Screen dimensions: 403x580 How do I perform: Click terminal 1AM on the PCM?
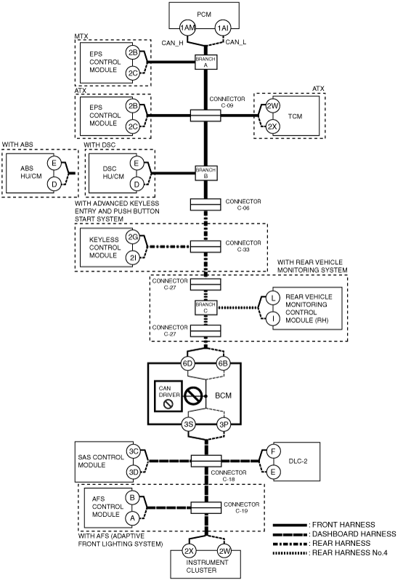tap(187, 28)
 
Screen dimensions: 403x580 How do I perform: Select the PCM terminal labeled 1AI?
tap(223, 28)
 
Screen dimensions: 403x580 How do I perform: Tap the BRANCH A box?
tap(205, 62)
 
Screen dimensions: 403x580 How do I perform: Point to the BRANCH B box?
tap(205, 173)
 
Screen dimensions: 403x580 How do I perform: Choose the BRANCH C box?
tap(205, 308)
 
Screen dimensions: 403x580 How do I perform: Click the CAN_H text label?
tap(172, 43)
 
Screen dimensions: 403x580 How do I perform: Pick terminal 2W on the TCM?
tap(272, 106)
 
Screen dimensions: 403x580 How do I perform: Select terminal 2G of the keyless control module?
tap(132, 237)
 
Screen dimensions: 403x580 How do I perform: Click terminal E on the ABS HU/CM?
tap(54, 163)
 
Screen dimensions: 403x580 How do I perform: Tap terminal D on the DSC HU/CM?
tap(137, 184)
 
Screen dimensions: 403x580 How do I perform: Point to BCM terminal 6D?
tap(187, 363)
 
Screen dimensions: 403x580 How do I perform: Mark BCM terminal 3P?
tap(224, 424)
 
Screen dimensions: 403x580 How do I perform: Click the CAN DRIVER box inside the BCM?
tap(168, 396)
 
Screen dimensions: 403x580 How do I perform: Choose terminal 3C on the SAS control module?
tap(133, 452)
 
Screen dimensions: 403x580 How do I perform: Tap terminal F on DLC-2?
tap(273, 452)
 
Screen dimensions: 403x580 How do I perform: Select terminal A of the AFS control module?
tap(132, 518)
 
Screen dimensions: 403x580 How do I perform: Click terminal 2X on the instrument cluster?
tap(189, 551)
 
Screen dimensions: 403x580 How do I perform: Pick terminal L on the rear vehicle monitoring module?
tap(273, 298)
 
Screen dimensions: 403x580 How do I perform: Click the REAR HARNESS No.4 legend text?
tap(350, 553)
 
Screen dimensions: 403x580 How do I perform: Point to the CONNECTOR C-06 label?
tap(243, 205)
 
